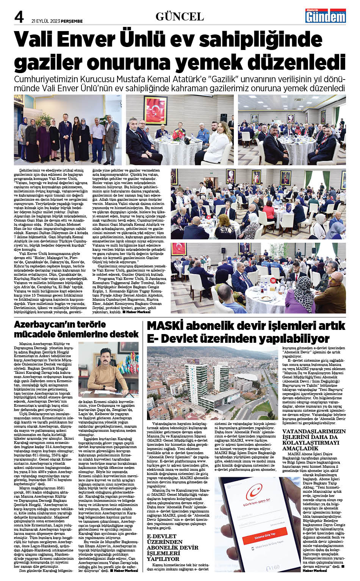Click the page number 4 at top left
coord(19,17)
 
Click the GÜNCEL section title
coord(180,17)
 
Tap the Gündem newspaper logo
coord(326,16)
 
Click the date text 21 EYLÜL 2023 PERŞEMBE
coord(57,21)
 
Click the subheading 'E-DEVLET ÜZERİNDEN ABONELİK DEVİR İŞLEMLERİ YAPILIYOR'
coord(173,548)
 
